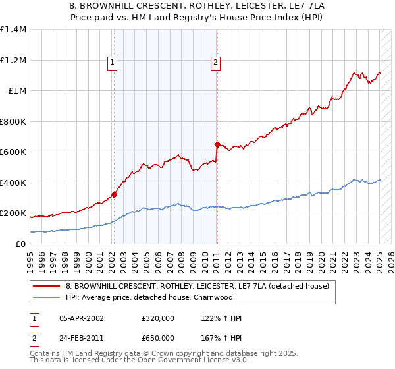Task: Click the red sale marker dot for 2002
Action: tap(114, 194)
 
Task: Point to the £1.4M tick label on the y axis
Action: tap(13, 30)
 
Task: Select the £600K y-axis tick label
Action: tap(13, 152)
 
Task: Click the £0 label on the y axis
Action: tap(20, 244)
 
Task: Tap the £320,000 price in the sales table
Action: tap(158, 318)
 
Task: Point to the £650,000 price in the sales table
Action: tap(158, 338)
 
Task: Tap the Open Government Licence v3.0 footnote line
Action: tap(140, 361)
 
